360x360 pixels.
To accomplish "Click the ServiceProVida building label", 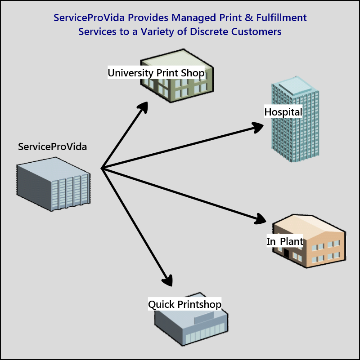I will coord(53,147).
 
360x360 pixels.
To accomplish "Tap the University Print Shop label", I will coord(156,72).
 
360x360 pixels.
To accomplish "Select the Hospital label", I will coord(283,112).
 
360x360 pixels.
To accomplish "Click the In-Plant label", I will coord(285,241).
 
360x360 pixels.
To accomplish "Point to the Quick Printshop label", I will coord(185,304).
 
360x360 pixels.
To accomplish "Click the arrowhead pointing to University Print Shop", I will coord(144,107).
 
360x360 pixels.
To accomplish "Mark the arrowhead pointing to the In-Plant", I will coord(261,219).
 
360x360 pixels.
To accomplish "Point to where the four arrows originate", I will coord(102,169).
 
